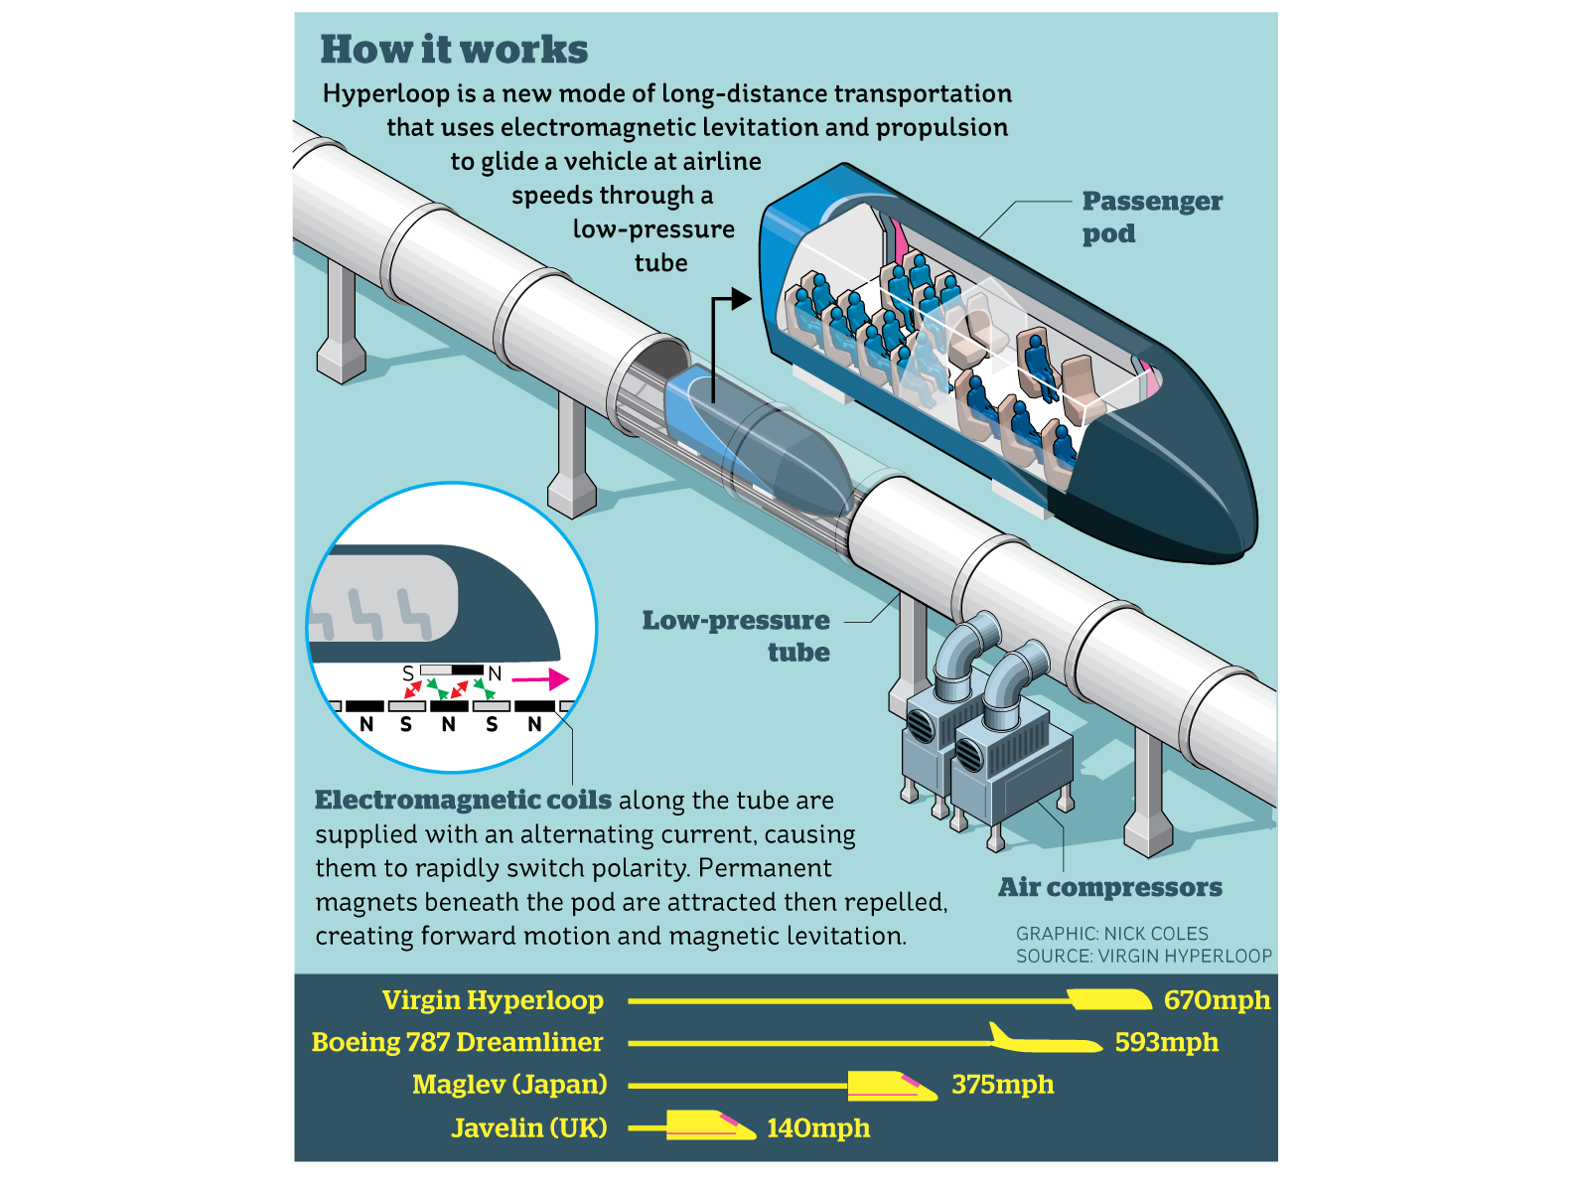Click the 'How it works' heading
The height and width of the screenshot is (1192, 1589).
[454, 50]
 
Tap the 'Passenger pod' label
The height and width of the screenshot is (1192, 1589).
[1151, 217]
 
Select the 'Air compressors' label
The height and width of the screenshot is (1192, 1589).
[1109, 887]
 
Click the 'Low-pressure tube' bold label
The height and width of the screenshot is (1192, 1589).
[736, 636]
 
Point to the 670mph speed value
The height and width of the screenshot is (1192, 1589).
[1217, 1000]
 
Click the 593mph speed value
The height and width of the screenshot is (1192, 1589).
[1166, 1042]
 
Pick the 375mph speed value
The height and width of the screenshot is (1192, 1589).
[1002, 1085]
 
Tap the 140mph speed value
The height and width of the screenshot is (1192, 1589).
[817, 1128]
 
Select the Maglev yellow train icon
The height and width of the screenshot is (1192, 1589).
[890, 1086]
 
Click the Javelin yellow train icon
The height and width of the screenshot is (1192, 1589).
[708, 1125]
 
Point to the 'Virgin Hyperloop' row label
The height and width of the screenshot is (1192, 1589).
[493, 1000]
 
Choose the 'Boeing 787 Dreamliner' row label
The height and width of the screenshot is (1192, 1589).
[457, 1042]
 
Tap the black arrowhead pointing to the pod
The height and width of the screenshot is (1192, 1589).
[741, 298]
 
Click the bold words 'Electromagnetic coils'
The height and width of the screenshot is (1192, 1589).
[463, 801]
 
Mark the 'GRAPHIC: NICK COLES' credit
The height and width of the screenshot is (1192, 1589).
[1111, 934]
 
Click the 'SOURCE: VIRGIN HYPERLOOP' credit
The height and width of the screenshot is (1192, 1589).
[1143, 957]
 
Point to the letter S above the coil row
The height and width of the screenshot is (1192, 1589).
[408, 673]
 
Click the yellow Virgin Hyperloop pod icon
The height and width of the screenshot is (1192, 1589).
[1109, 999]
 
